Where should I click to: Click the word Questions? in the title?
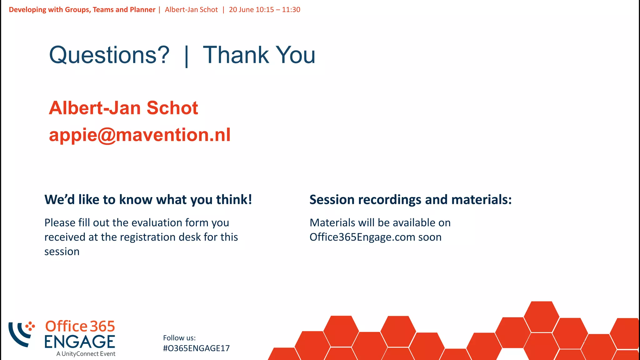(x=109, y=55)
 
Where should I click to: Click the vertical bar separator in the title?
(x=187, y=56)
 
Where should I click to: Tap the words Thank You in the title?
(x=259, y=55)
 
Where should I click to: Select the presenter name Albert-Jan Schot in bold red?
(x=123, y=108)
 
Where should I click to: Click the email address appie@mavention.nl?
(x=140, y=135)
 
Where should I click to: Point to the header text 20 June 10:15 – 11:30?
(x=264, y=10)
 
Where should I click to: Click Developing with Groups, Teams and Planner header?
(x=82, y=10)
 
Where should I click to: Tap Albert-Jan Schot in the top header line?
(x=191, y=10)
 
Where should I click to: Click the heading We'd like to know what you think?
(x=148, y=200)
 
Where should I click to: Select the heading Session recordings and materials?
(x=410, y=200)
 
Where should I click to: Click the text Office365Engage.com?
(x=362, y=237)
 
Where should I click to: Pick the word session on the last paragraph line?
(x=62, y=252)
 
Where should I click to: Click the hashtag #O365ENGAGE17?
(x=196, y=348)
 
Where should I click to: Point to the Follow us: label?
(x=179, y=338)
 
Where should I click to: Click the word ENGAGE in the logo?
(x=80, y=342)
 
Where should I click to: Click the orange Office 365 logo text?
(x=80, y=327)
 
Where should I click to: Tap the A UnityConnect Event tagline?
(x=86, y=354)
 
